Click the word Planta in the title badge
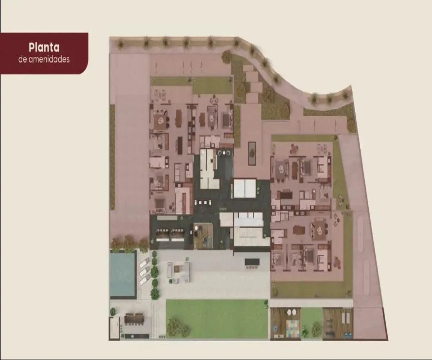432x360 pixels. (44, 48)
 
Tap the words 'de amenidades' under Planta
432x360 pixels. (44, 59)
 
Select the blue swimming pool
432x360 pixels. (122, 274)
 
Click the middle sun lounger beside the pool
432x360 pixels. (145, 271)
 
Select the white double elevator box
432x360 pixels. (244, 189)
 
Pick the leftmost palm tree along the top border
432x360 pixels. (120, 44)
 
